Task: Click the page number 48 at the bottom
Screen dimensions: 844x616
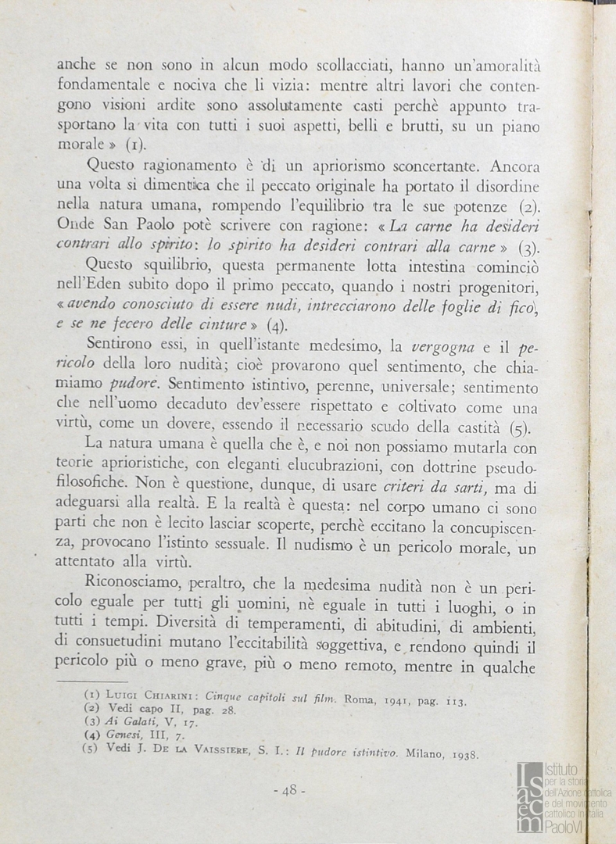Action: coord(289,790)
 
